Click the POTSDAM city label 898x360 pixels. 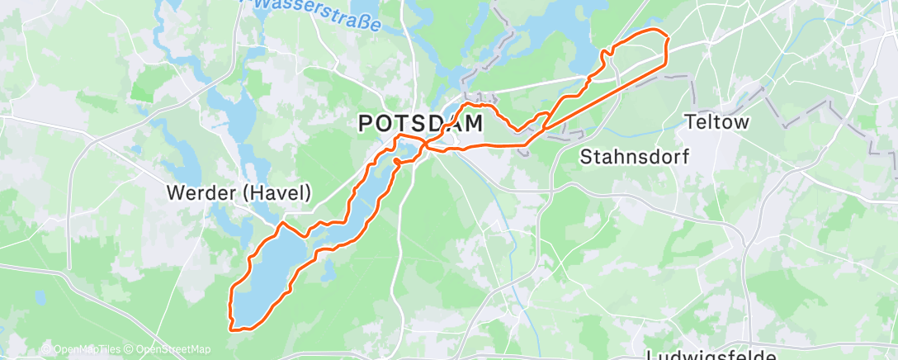pos(420,124)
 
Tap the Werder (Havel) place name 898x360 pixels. pos(239,193)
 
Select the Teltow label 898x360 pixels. pos(717,123)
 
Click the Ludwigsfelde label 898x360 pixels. pos(711,355)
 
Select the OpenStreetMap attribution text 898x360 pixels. pos(165,348)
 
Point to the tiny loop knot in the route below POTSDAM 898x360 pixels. pos(397,160)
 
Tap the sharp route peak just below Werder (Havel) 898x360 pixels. pos(283,223)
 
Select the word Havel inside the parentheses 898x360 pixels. pos(281,193)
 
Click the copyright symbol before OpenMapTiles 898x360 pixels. pos(45,348)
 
